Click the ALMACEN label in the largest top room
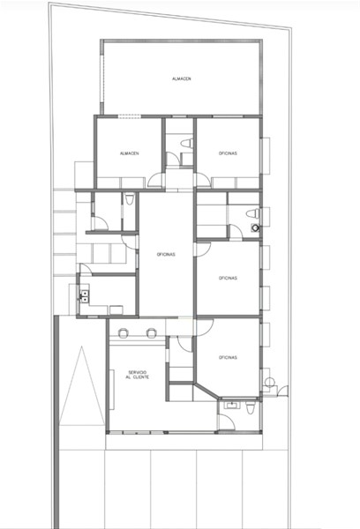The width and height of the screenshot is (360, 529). pos(182,78)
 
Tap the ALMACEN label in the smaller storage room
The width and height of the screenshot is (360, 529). pos(129,153)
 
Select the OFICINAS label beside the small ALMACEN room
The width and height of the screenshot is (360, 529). pos(228,153)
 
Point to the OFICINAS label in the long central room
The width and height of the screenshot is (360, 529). pos(166,255)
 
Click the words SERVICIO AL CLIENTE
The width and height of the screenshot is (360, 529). pos(137,375)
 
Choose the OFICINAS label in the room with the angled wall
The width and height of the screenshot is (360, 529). pos(228,358)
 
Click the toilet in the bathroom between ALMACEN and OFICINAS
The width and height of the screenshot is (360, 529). pos(187,144)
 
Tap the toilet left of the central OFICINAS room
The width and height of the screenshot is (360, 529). pos(129,198)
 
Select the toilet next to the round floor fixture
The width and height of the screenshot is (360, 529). pos(253,213)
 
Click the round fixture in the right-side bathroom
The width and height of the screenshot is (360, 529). pos(255,227)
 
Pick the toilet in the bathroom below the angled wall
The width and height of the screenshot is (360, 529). pos(250,407)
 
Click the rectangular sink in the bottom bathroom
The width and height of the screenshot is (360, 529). pos(232,405)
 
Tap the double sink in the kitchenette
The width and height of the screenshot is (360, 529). pos(85,296)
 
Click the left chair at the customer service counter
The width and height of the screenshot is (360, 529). pos(123,332)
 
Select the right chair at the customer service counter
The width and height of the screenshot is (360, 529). pos(151,332)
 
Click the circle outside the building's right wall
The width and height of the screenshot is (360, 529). pos(269,382)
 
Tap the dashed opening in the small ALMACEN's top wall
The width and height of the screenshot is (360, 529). pos(130,116)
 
